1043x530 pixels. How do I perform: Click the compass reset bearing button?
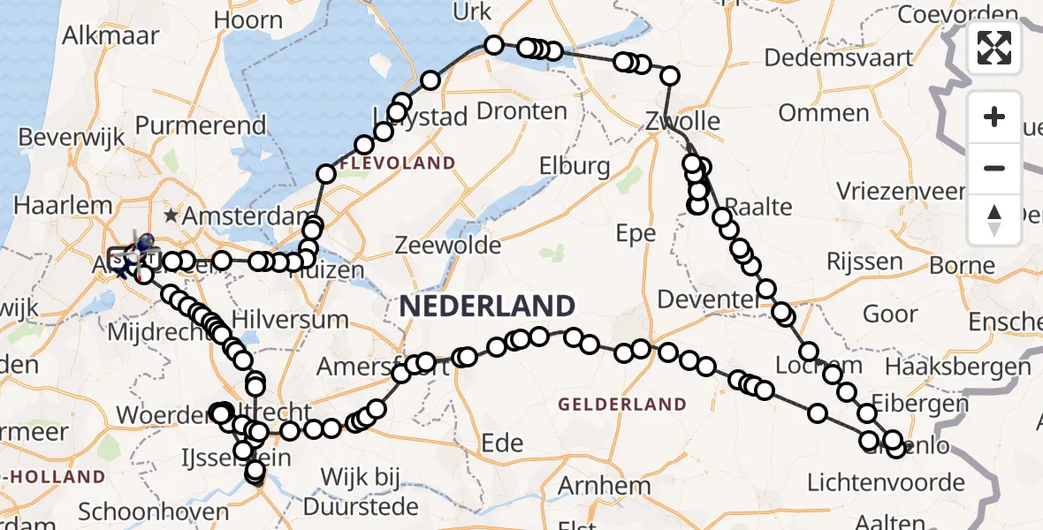[x=994, y=220]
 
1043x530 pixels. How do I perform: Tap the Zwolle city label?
[x=682, y=121]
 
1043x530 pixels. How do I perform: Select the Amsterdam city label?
[x=249, y=216]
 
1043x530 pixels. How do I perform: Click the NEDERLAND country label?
[x=488, y=307]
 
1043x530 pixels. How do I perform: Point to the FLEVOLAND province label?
[x=397, y=163]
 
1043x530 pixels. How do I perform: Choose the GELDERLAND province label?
[x=622, y=405]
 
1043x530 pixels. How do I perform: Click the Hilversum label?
[x=290, y=319]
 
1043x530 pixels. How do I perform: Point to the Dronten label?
[x=521, y=110]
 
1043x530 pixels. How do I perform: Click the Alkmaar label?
[x=111, y=36]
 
